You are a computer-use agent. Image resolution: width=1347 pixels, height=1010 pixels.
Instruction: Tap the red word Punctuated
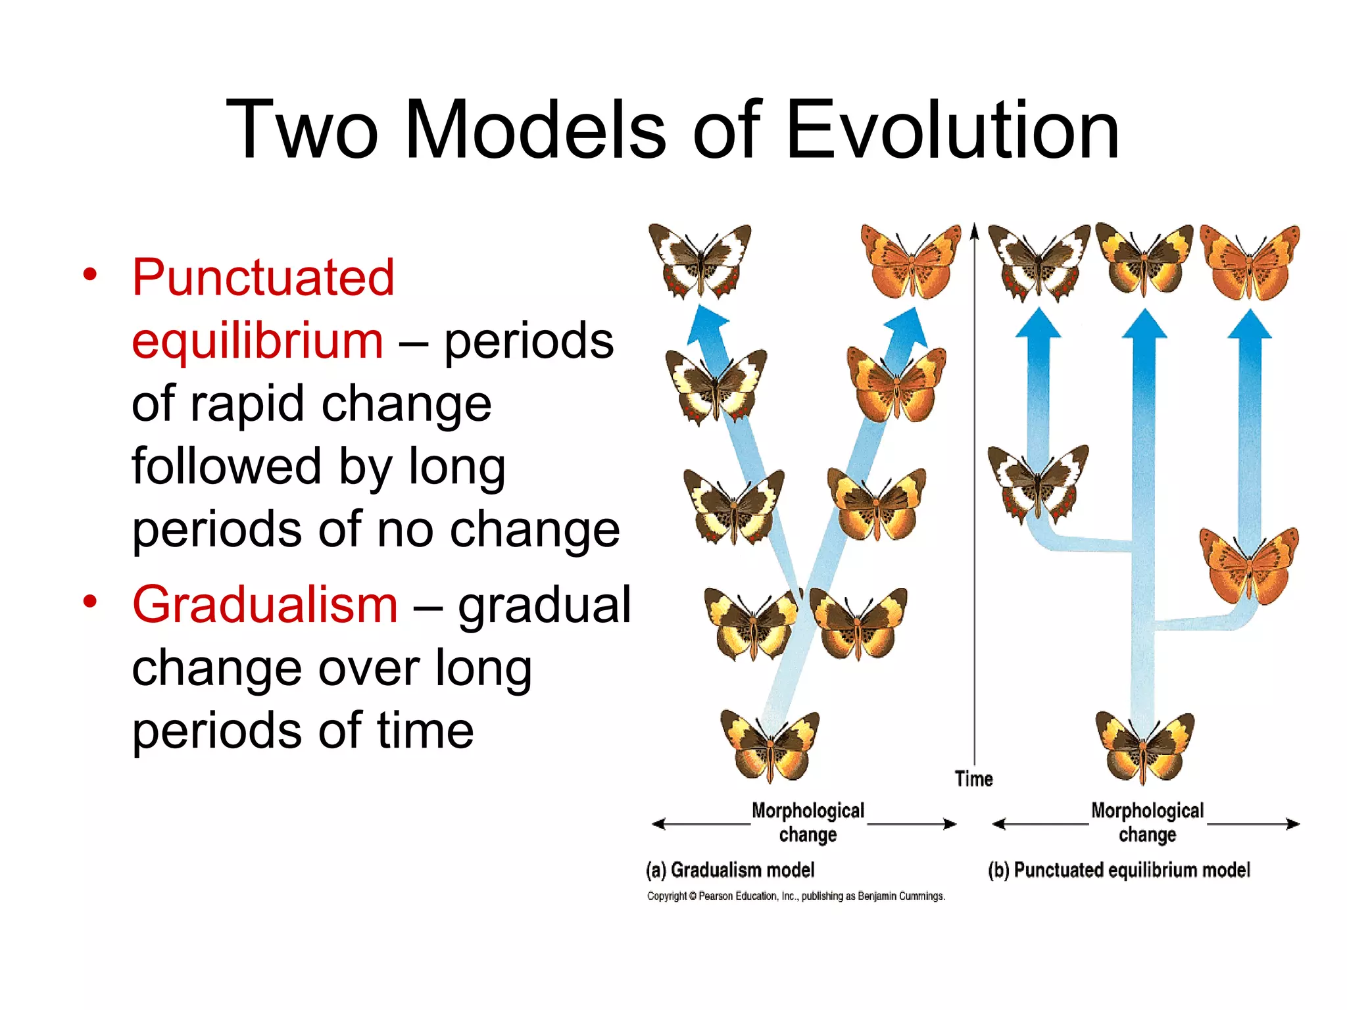tap(263, 277)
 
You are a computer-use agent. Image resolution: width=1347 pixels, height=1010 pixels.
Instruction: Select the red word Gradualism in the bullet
tap(265, 605)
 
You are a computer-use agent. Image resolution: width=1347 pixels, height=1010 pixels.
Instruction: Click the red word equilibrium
tap(257, 341)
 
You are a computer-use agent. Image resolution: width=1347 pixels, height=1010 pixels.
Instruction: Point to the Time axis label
tap(973, 779)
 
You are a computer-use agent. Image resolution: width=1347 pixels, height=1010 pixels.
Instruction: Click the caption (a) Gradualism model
tap(730, 870)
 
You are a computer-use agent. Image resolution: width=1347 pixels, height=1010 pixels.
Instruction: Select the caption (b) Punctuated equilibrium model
tap(1118, 870)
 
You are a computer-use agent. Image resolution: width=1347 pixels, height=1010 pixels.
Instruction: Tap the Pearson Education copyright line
tap(796, 896)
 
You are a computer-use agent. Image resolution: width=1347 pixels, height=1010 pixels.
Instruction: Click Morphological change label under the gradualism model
tap(808, 823)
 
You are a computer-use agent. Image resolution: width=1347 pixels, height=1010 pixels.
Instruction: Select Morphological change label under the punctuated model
tap(1147, 823)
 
